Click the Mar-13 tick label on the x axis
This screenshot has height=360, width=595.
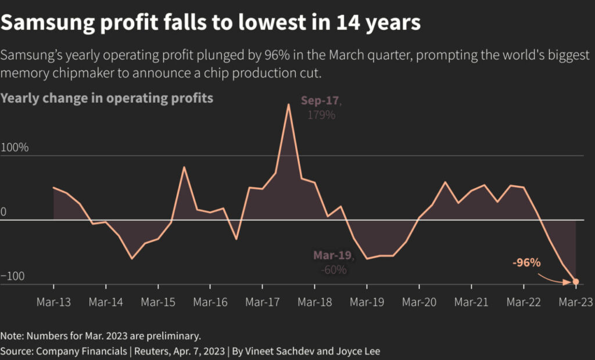coord(53,302)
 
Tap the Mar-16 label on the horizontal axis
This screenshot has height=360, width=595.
coord(210,302)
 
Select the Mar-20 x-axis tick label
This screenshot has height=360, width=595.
coord(419,302)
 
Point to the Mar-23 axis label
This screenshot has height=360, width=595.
coord(575,302)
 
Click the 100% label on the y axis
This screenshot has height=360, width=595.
coord(15,147)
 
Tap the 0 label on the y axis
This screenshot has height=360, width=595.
coord(3,212)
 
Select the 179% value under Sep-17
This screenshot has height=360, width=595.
coord(321,114)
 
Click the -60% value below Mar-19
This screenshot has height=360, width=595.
coord(334,269)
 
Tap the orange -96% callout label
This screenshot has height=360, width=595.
coord(526,262)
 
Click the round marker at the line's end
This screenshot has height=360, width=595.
coord(575,282)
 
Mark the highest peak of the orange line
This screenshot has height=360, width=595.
coord(288,105)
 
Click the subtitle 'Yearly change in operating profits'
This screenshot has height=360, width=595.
coord(107,98)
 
